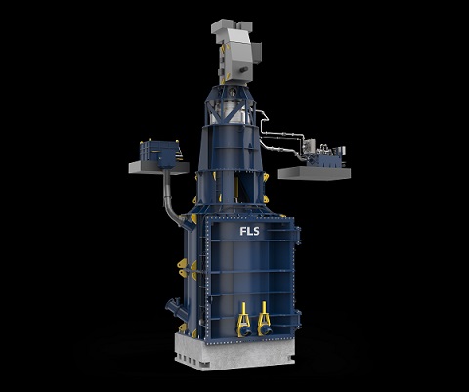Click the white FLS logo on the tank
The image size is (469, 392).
250,231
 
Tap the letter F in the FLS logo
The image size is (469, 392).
242,231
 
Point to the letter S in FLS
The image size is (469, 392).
256,231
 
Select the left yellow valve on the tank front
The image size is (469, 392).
243,319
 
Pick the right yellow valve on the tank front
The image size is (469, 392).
264,318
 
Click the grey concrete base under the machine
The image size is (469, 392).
234,353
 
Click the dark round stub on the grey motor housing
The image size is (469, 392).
244,70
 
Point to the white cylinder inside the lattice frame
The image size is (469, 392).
229,112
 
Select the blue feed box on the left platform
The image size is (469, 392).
159,152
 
